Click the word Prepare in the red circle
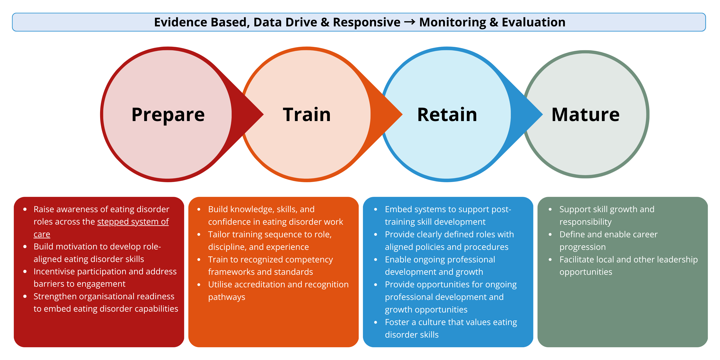[x=168, y=115]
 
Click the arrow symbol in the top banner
[x=410, y=22]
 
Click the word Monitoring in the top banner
[x=453, y=22]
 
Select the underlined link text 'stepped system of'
[x=133, y=222]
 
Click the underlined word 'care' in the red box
[x=42, y=234]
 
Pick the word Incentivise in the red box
[x=54, y=271]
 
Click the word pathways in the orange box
[x=227, y=297]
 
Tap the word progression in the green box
[x=582, y=247]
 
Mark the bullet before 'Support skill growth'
[x=550, y=209]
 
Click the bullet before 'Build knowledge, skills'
[x=199, y=209]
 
